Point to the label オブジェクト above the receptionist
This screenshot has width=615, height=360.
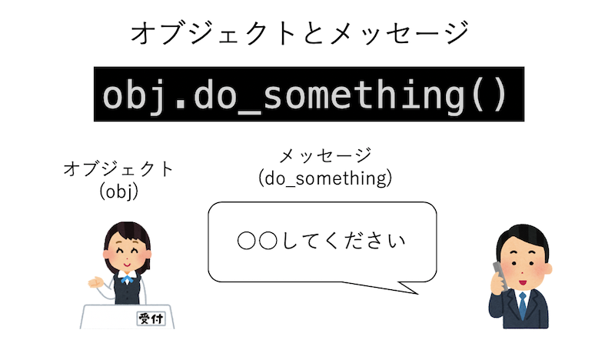(x=119, y=169)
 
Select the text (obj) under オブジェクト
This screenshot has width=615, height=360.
(x=119, y=192)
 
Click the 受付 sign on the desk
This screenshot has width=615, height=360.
(x=151, y=318)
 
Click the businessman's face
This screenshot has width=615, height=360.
(x=523, y=266)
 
